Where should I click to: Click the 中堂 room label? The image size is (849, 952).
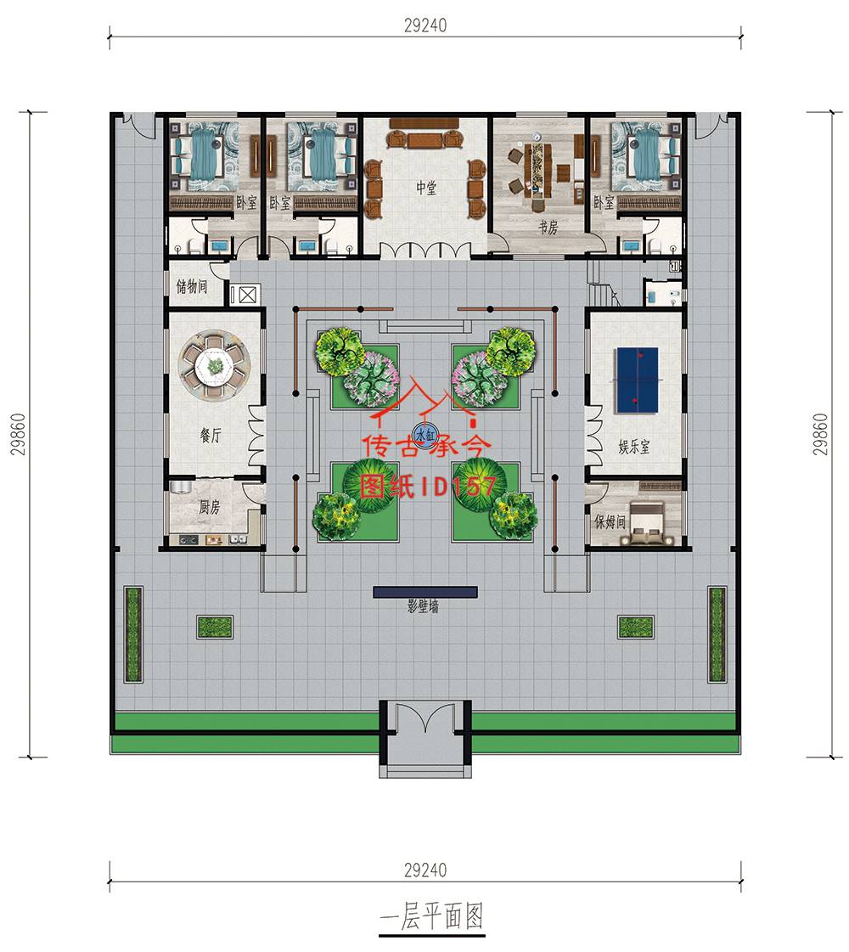tap(425, 188)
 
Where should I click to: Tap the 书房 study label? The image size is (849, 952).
tap(548, 228)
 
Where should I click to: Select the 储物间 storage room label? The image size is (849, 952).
tap(191, 285)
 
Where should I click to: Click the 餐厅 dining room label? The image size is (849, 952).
tap(211, 435)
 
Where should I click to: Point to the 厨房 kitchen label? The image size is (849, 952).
tap(209, 506)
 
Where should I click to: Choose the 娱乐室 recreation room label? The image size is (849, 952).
tap(633, 447)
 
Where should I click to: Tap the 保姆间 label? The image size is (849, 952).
tap(610, 521)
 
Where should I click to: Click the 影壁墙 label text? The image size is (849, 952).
tap(423, 606)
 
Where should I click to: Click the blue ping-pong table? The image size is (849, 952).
tap(638, 380)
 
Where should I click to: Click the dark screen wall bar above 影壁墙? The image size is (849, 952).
tap(424, 592)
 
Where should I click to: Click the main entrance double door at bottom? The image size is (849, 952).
tap(425, 718)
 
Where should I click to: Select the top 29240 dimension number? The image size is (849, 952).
tap(425, 25)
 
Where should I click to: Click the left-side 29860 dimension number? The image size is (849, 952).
tap(19, 434)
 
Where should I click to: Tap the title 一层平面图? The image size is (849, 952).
tap(431, 916)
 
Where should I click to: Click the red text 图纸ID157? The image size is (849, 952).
tap(429, 487)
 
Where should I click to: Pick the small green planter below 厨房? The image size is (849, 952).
tap(215, 627)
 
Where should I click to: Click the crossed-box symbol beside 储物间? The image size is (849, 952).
tap(247, 295)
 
